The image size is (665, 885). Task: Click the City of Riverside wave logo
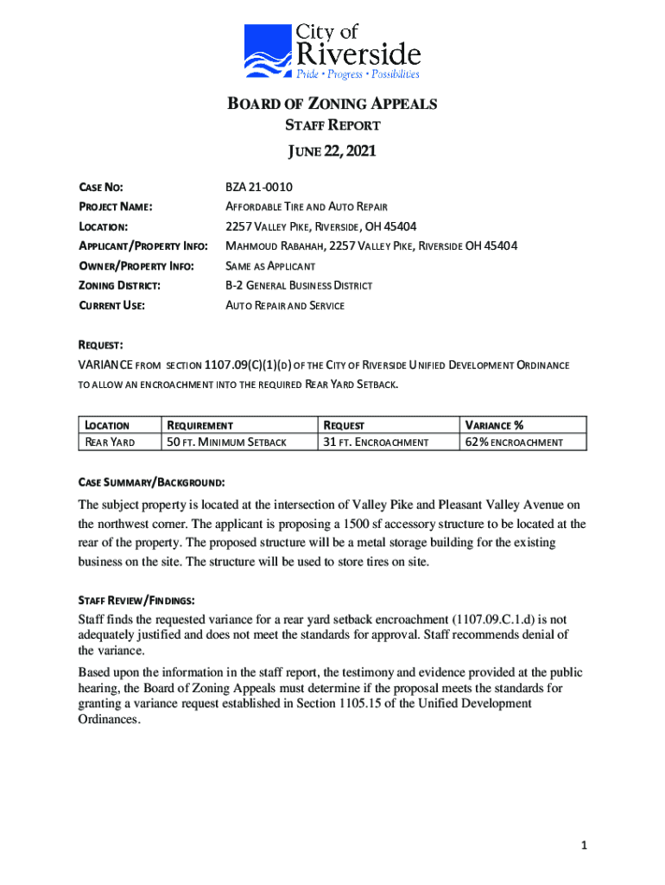(x=268, y=51)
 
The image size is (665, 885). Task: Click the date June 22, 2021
(x=332, y=153)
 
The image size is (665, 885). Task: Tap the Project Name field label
(x=116, y=207)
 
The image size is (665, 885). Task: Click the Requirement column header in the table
(x=199, y=425)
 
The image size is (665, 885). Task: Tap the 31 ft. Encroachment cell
(x=376, y=442)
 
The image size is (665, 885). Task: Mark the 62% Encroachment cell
(x=514, y=442)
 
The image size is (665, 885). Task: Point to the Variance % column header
(x=495, y=425)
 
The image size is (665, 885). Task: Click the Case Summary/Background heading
(x=152, y=480)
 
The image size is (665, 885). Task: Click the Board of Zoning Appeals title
(x=332, y=105)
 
